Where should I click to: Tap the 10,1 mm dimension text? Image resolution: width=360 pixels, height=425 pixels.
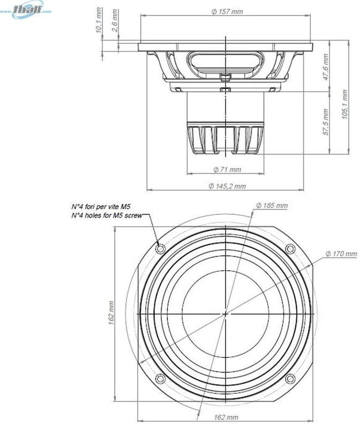click(x=99, y=21)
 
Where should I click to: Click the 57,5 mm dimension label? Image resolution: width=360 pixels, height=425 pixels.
click(x=326, y=122)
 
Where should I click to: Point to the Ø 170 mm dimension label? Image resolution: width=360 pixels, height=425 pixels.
click(x=341, y=253)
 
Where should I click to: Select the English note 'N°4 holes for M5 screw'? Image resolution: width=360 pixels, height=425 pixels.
click(x=106, y=215)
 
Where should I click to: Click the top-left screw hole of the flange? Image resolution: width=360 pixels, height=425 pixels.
click(x=161, y=249)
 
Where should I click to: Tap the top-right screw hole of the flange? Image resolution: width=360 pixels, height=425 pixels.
click(x=290, y=249)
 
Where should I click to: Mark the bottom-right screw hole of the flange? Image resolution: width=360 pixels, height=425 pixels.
click(x=290, y=378)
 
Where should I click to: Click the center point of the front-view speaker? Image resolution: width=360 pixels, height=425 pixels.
click(x=226, y=314)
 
